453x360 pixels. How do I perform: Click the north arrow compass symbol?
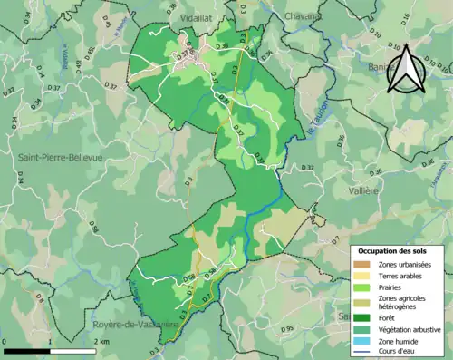(x=409, y=69)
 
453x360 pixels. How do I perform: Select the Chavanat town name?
(x=304, y=16)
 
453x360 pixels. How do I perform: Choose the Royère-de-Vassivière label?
(x=129, y=324)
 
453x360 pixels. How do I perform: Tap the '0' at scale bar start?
(x=6, y=341)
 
